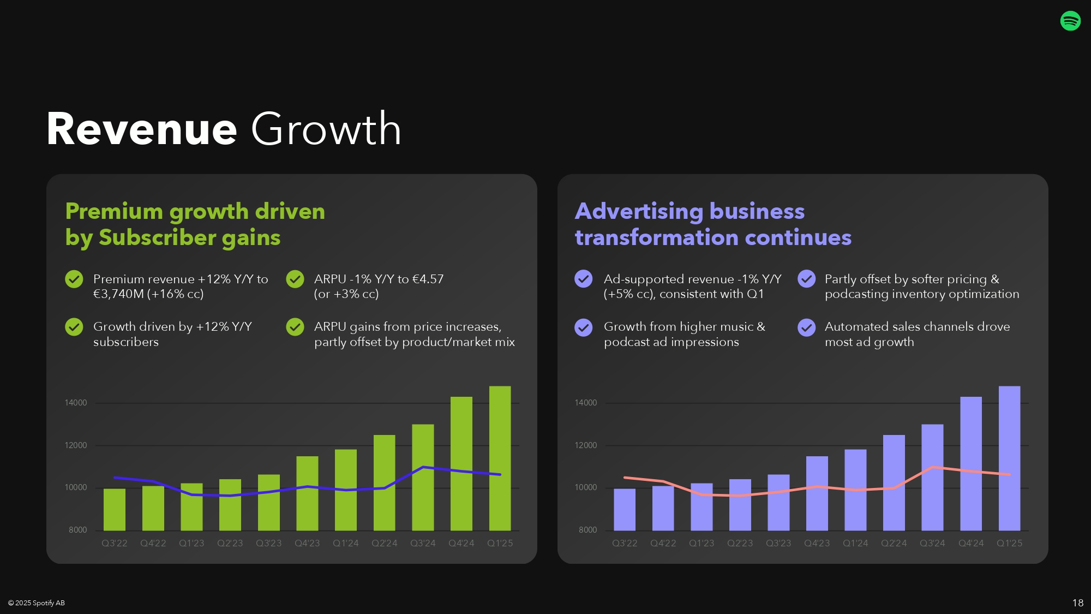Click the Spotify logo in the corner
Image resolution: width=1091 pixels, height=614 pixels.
point(1070,21)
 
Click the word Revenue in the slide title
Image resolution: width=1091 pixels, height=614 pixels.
point(142,129)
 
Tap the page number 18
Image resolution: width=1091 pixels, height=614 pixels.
point(1078,603)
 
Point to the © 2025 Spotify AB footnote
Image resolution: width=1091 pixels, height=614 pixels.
point(37,603)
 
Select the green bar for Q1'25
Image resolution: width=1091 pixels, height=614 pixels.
point(500,458)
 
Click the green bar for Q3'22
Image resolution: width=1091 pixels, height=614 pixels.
point(115,509)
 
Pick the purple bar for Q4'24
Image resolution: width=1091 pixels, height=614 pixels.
point(971,463)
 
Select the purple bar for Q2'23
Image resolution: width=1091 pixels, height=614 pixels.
point(740,505)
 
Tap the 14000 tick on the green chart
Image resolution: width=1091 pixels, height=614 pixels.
point(76,403)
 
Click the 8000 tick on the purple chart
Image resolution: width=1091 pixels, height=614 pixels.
point(588,530)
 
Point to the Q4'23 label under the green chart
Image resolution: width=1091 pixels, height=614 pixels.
point(307,543)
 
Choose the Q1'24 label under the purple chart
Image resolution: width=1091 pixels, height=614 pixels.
point(855,543)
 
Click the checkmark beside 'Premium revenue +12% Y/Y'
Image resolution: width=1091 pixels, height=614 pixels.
point(74,279)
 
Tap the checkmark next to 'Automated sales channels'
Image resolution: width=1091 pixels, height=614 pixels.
point(807,327)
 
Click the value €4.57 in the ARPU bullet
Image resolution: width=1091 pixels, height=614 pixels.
point(428,279)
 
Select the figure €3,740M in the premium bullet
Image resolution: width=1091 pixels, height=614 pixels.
point(118,294)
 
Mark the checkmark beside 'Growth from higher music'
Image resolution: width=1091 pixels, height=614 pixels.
point(584,327)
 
